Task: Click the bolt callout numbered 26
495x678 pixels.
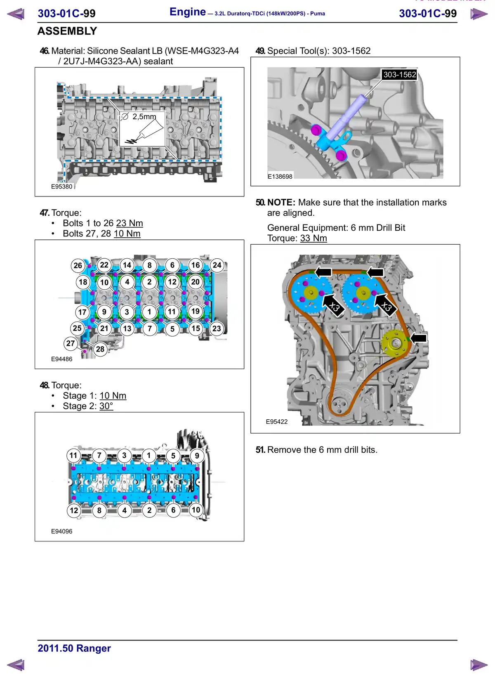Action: click(x=78, y=265)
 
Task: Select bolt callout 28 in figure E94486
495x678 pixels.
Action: click(x=100, y=349)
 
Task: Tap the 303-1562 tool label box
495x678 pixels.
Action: click(x=399, y=75)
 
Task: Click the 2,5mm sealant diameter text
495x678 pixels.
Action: click(x=144, y=117)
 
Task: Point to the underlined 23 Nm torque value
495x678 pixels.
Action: click(x=130, y=223)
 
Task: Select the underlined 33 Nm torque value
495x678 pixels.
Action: click(x=313, y=238)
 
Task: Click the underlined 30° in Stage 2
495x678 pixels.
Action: click(x=106, y=406)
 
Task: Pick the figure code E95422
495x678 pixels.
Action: click(x=276, y=421)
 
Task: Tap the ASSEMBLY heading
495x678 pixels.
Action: click(x=67, y=31)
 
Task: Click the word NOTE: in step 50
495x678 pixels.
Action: click(x=281, y=203)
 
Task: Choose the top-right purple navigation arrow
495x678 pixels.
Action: click(x=479, y=14)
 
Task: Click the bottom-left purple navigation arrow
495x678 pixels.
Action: click(x=16, y=665)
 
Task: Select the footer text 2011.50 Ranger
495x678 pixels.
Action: click(x=74, y=648)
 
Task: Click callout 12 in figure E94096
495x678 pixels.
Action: click(x=74, y=510)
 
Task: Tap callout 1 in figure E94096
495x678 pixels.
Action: click(x=149, y=456)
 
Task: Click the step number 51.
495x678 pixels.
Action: click(x=260, y=450)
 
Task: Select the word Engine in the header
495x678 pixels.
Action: click(x=188, y=12)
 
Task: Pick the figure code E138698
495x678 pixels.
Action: click(x=280, y=176)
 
